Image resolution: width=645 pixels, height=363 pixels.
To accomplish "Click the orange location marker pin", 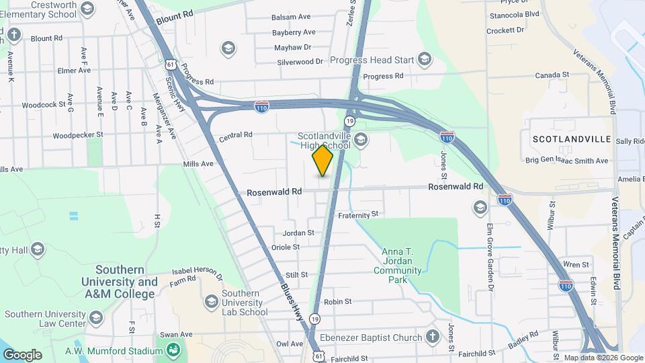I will [322, 161].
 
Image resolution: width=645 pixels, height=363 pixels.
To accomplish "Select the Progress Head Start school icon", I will [424, 60].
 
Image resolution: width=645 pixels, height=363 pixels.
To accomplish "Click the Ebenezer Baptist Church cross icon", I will [433, 337].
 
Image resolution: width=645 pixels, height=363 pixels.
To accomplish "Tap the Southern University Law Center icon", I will [96, 317].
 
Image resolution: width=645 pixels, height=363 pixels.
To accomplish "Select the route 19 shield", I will [349, 120].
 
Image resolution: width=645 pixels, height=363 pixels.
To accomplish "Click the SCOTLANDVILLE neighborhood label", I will [571, 139].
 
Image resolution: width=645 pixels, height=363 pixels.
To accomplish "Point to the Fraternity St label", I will [359, 214].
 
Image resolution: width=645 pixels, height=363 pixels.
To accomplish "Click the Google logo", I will [22, 354].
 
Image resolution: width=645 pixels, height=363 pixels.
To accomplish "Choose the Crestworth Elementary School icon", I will [87, 9].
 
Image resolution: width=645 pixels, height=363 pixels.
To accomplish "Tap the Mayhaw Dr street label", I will [293, 47].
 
